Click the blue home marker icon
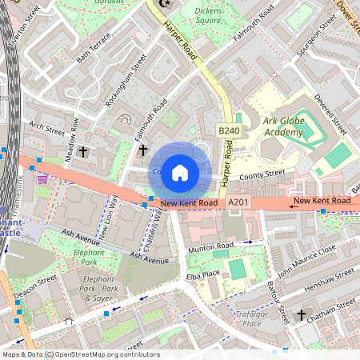click(x=180, y=172)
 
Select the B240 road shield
click(x=229, y=130)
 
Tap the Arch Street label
click(x=45, y=126)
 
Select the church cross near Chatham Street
click(x=301, y=315)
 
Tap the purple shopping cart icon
click(x=42, y=180)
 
